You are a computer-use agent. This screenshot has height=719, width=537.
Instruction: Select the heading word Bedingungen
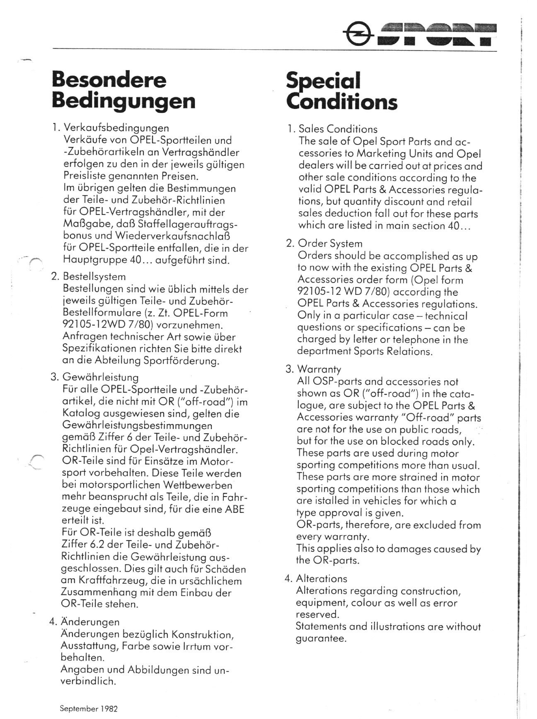tap(124, 101)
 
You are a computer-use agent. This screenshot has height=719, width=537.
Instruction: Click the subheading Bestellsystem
tap(94, 277)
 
